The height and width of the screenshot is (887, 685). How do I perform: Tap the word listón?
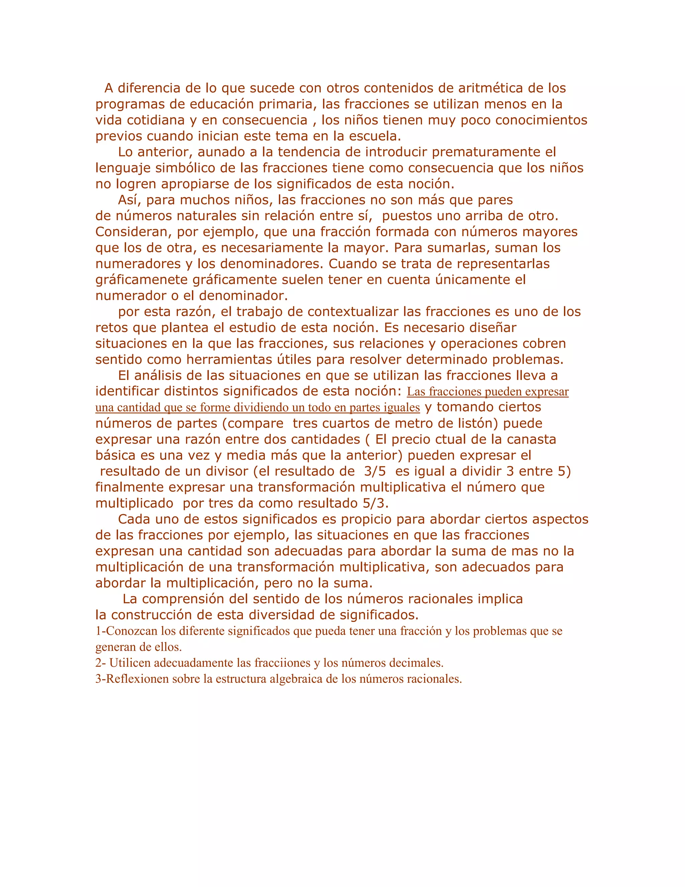(476, 424)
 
